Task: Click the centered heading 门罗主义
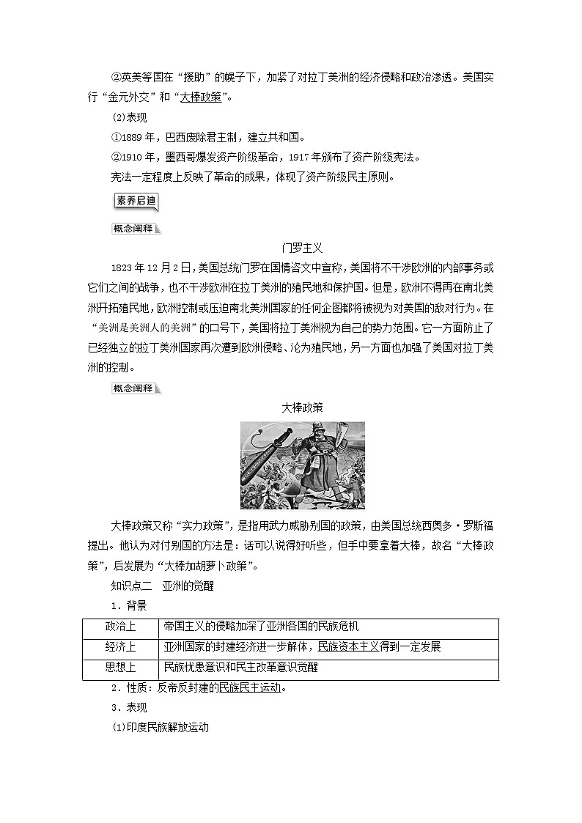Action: pyautogui.click(x=302, y=248)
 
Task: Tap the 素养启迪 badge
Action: pyautogui.click(x=137, y=201)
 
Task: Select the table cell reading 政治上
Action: pyautogui.click(x=121, y=627)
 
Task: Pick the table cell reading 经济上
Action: pyautogui.click(x=121, y=647)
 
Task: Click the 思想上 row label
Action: pyautogui.click(x=121, y=668)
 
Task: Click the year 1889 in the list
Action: pyautogui.click(x=131, y=137)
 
